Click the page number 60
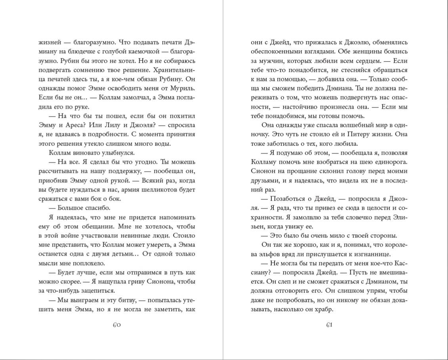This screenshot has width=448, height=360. (116, 325)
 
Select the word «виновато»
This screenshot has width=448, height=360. (86, 153)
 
